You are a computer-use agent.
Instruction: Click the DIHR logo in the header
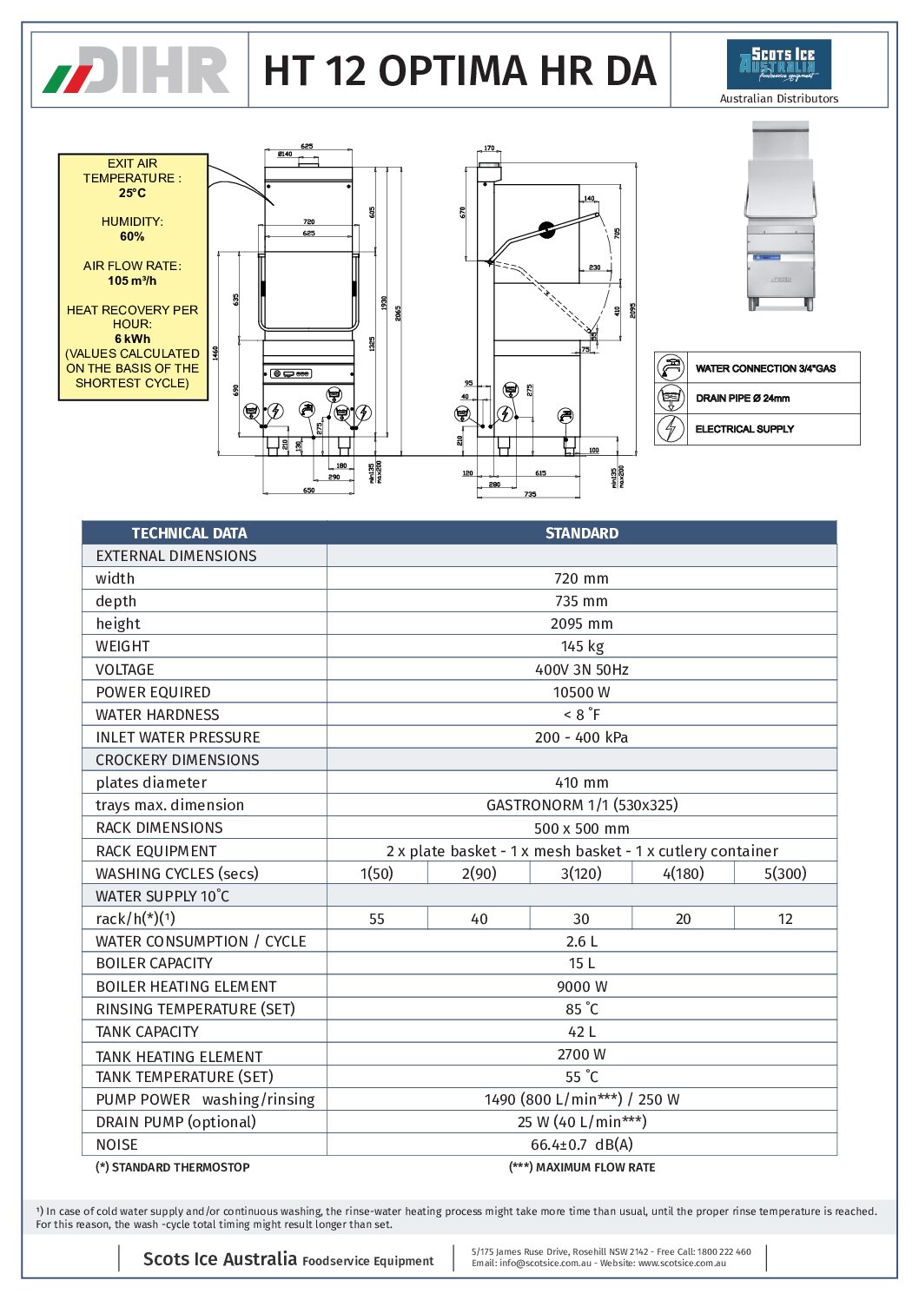coord(137,70)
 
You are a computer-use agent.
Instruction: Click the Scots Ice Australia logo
coord(778,64)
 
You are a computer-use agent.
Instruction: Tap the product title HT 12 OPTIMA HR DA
coord(459,70)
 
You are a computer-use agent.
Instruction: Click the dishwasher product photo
coord(781,217)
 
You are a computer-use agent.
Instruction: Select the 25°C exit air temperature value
coord(132,193)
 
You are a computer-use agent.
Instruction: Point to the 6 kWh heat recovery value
coord(132,339)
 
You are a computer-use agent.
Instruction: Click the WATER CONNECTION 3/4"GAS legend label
coord(765,368)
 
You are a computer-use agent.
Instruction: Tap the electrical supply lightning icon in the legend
coord(670,428)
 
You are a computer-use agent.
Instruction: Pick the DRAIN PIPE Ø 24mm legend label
coord(743,399)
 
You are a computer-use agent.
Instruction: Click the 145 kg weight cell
coord(582,646)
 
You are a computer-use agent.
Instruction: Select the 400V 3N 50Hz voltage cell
coord(582,670)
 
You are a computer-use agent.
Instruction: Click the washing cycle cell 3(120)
coord(581,874)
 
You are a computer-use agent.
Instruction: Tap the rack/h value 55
coord(377,919)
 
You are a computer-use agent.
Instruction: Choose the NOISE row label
coord(117,1145)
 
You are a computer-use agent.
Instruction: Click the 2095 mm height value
coord(582,624)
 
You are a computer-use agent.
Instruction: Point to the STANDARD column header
coord(582,533)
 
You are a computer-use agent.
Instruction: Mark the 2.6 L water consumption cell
coord(582,941)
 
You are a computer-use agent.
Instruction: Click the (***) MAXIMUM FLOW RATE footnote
coord(582,1167)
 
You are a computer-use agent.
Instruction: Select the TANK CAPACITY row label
coord(148,1032)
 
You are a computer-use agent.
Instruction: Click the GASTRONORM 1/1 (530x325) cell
coord(582,805)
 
